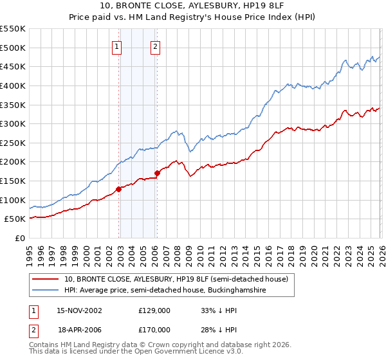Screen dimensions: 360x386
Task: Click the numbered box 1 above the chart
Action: (x=116, y=46)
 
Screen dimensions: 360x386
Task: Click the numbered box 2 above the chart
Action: (x=156, y=46)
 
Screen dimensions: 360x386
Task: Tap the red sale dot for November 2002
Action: (x=119, y=189)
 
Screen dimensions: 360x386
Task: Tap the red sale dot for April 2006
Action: (x=158, y=173)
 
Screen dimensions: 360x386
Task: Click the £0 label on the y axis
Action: (x=20, y=238)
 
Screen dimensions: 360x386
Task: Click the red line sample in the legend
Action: (x=46, y=279)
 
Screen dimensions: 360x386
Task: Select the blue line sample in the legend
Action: (x=46, y=291)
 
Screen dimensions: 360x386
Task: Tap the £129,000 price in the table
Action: (x=154, y=310)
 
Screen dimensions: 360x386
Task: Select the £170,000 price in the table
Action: (x=154, y=330)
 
